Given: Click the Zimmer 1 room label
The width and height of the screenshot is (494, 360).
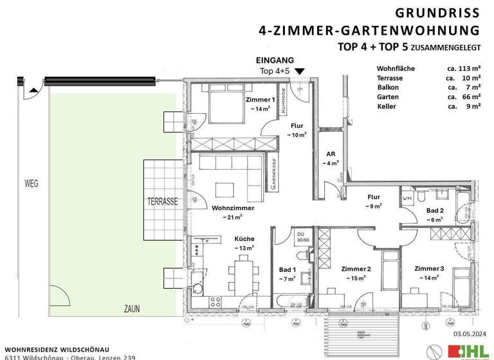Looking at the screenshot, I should pos(260,100).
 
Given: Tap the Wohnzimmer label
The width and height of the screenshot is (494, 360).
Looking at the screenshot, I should pos(233,208).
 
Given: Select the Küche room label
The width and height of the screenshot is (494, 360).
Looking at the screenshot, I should pos(244,238).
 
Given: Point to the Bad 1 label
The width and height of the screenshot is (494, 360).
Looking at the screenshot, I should pos(287,269).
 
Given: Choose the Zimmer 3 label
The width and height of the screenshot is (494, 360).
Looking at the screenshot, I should pos(429,268).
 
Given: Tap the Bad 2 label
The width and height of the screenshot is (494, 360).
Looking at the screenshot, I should pos(435,210).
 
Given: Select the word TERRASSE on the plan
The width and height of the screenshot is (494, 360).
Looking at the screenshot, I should pos(161,201).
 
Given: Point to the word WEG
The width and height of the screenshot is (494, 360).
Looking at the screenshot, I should pos(30,183).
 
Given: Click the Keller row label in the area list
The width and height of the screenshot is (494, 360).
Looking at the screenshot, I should pos(387,106).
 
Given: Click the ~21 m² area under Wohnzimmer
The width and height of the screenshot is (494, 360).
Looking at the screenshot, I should pos(233,218).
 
